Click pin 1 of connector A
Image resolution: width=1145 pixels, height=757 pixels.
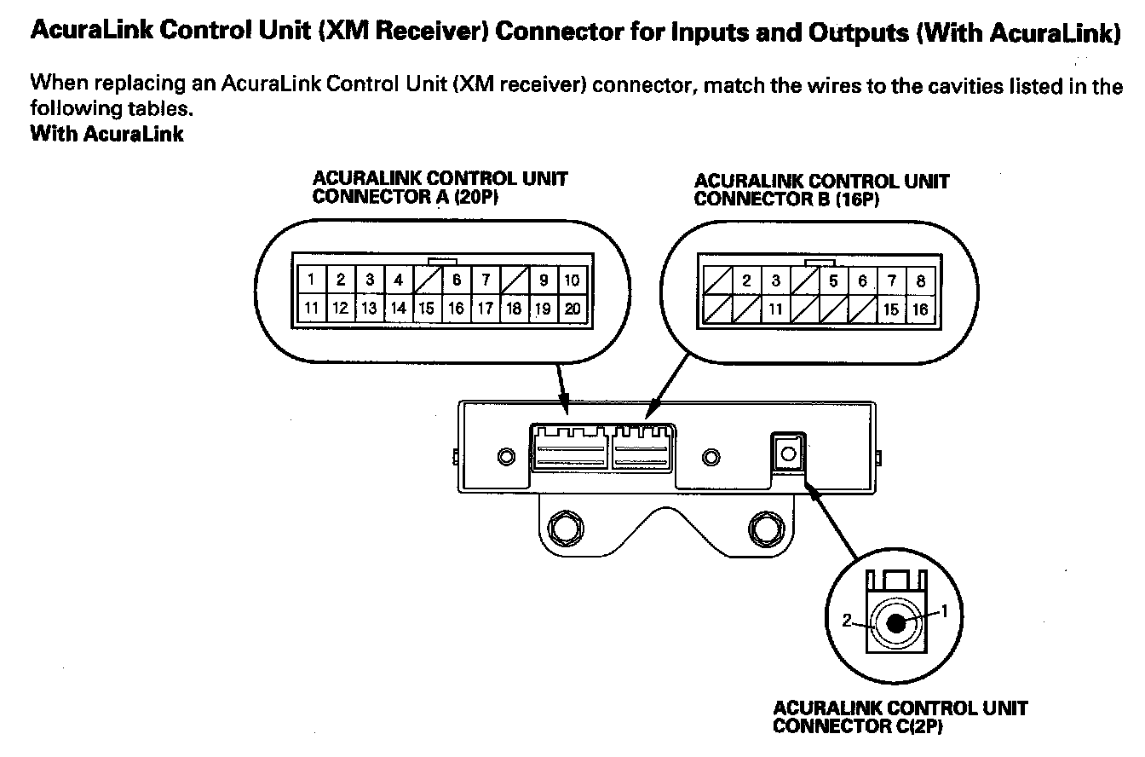coord(313,280)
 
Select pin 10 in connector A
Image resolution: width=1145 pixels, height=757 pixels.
coord(572,280)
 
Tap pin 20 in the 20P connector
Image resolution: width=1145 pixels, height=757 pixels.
coord(572,309)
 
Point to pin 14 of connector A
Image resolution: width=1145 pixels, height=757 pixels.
coord(399,309)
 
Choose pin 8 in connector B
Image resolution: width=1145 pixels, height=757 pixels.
coord(920,281)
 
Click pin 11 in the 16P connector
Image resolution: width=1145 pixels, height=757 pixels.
coord(776,309)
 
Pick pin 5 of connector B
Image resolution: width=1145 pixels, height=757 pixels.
coord(834,281)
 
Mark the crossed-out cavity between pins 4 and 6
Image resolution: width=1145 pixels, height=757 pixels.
coord(428,280)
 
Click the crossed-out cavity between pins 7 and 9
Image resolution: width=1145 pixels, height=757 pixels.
coord(515,280)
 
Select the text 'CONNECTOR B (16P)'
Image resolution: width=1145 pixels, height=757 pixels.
coord(786,199)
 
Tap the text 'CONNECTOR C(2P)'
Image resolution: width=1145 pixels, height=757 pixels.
coord(858,726)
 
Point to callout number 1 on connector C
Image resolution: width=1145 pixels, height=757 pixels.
coord(944,610)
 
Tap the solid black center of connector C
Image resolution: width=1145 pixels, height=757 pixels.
coord(896,624)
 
